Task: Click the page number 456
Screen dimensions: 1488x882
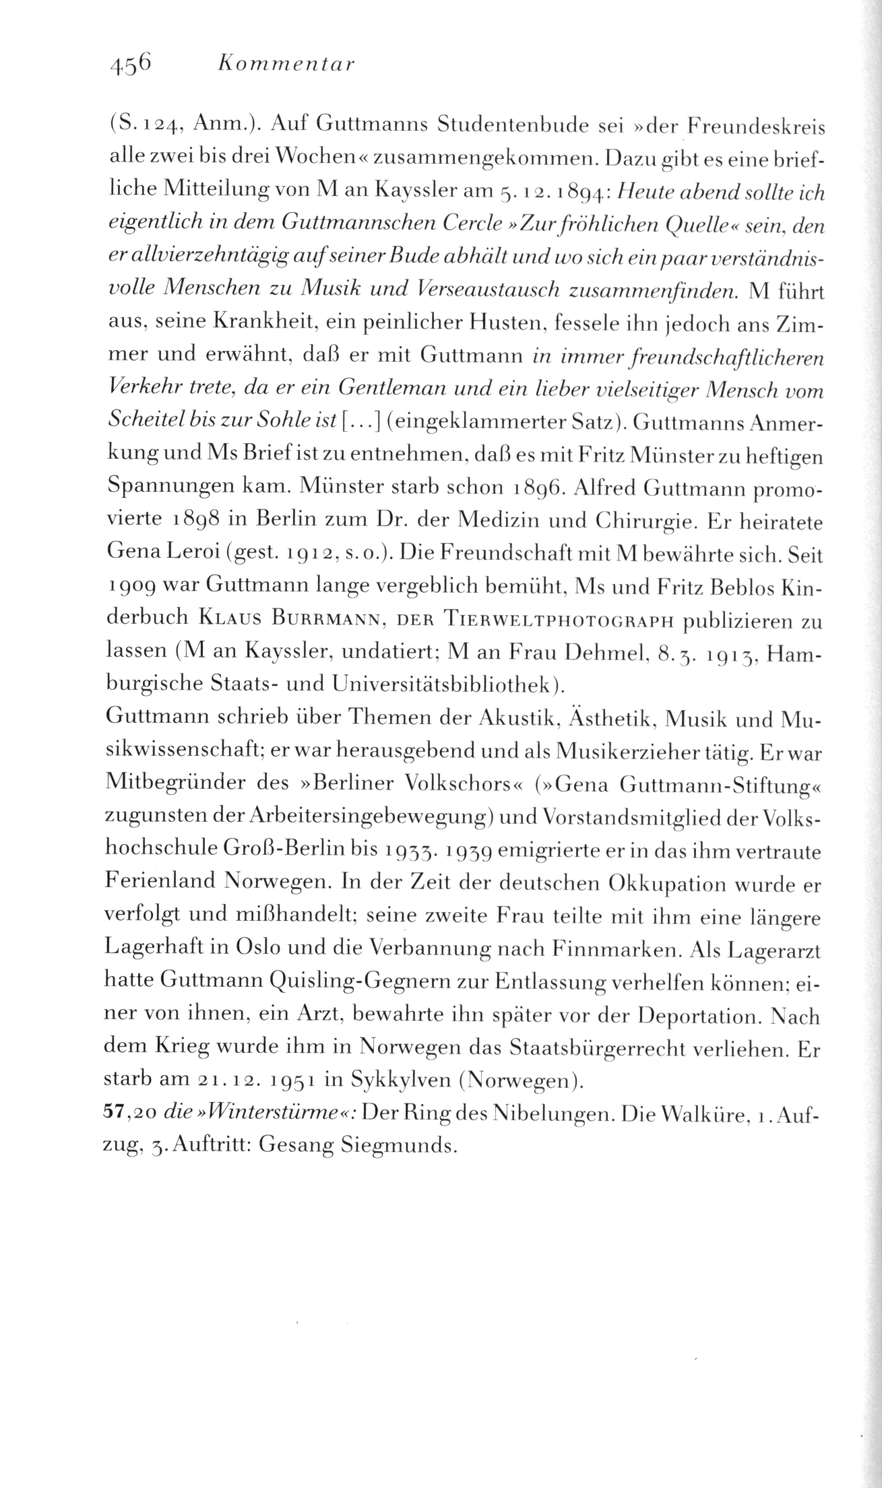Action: tap(131, 65)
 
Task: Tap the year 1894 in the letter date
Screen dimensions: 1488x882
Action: tap(581, 195)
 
